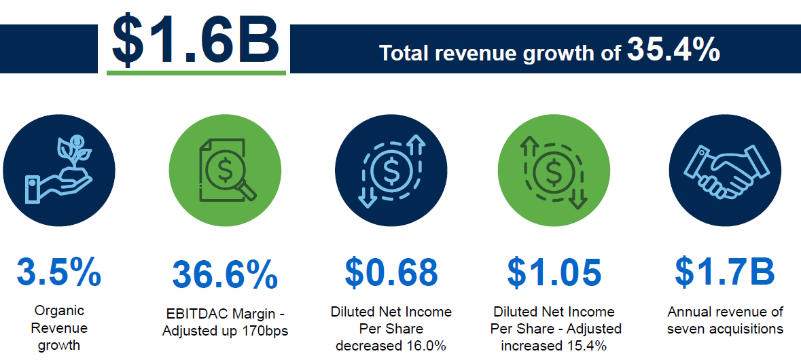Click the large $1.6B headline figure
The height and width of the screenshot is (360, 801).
[x=196, y=39]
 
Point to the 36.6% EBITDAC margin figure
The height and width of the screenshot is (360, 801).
[x=225, y=274]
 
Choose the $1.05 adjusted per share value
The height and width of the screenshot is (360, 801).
[x=554, y=272]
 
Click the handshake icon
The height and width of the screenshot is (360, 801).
[x=724, y=169]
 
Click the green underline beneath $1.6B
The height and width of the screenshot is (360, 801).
[x=196, y=71]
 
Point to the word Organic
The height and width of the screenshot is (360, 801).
[x=59, y=311]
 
